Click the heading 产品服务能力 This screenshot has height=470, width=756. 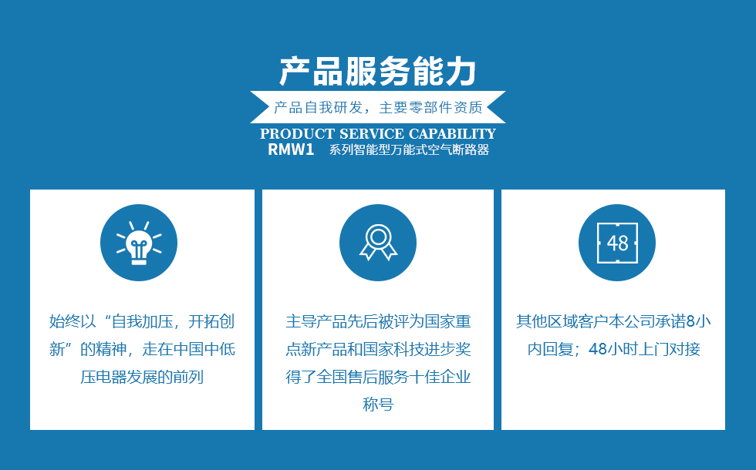pos(378,72)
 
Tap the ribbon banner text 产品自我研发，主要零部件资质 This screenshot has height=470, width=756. pos(378,107)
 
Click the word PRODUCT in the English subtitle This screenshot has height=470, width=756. pos(297,133)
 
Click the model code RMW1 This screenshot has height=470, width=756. pos(291,149)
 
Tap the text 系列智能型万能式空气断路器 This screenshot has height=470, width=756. pos(409,149)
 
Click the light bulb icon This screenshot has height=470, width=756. pos(139,243)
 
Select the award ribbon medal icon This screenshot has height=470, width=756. pos(378,243)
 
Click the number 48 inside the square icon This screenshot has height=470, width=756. pos(618,243)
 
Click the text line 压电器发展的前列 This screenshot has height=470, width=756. pos(142,377)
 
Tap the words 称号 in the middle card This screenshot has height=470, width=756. pos(378,404)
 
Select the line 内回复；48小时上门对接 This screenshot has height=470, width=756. pos(613,348)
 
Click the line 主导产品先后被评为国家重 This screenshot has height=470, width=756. pos(378,321)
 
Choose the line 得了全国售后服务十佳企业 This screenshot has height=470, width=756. pos(378,377)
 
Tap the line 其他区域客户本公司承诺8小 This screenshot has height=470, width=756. pos(613,321)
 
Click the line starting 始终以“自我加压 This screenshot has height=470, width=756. pos(142,321)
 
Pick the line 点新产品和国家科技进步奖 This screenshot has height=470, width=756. pos(378,348)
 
